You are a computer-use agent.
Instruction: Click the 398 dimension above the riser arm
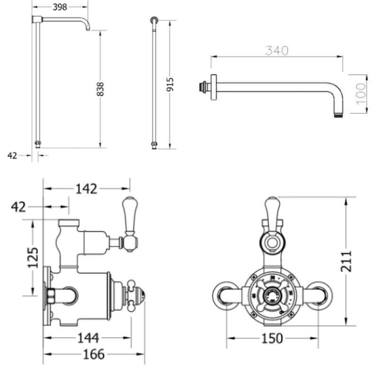(x=60, y=7)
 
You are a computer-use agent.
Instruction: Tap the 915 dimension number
(x=171, y=84)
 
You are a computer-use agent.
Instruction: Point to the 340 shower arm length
(x=277, y=51)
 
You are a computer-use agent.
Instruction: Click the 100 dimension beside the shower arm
(x=361, y=93)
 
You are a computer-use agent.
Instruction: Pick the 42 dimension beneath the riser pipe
(x=12, y=155)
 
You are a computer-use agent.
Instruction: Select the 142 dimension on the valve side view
(x=86, y=189)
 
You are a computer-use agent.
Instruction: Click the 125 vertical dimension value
(x=33, y=257)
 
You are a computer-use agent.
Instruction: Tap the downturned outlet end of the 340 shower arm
(x=338, y=110)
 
